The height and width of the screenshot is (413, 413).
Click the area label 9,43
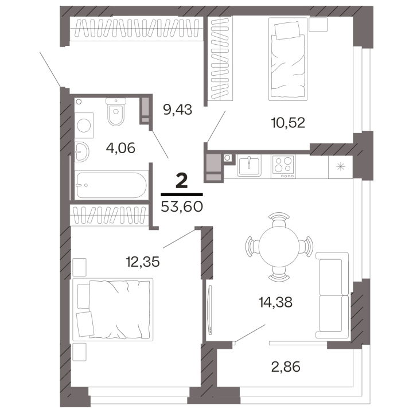pos(177,110)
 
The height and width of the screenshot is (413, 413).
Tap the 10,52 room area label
pos(288,123)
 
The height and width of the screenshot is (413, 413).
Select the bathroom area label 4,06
pos(120,148)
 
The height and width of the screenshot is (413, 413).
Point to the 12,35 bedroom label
pos(143,262)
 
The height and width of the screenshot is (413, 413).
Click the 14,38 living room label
pos(275,302)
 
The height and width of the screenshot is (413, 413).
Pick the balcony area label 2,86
pos(286,367)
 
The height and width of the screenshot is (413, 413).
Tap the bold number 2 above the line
pos(182,181)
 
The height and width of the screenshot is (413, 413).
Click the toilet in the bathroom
pos(116,112)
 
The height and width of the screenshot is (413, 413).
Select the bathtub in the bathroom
pos(111,185)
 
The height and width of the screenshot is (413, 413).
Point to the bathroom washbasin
pos(81,152)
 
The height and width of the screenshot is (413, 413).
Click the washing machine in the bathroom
pos(84,125)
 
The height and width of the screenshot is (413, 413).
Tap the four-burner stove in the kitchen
pos(283,167)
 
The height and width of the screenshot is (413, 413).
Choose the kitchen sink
pos(249,165)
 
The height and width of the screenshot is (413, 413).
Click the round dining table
pos(279,246)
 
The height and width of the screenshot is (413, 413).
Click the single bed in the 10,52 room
pos(288,59)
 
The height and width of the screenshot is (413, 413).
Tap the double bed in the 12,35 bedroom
pos(113,309)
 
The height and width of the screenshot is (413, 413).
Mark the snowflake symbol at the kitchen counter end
pos(341,167)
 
